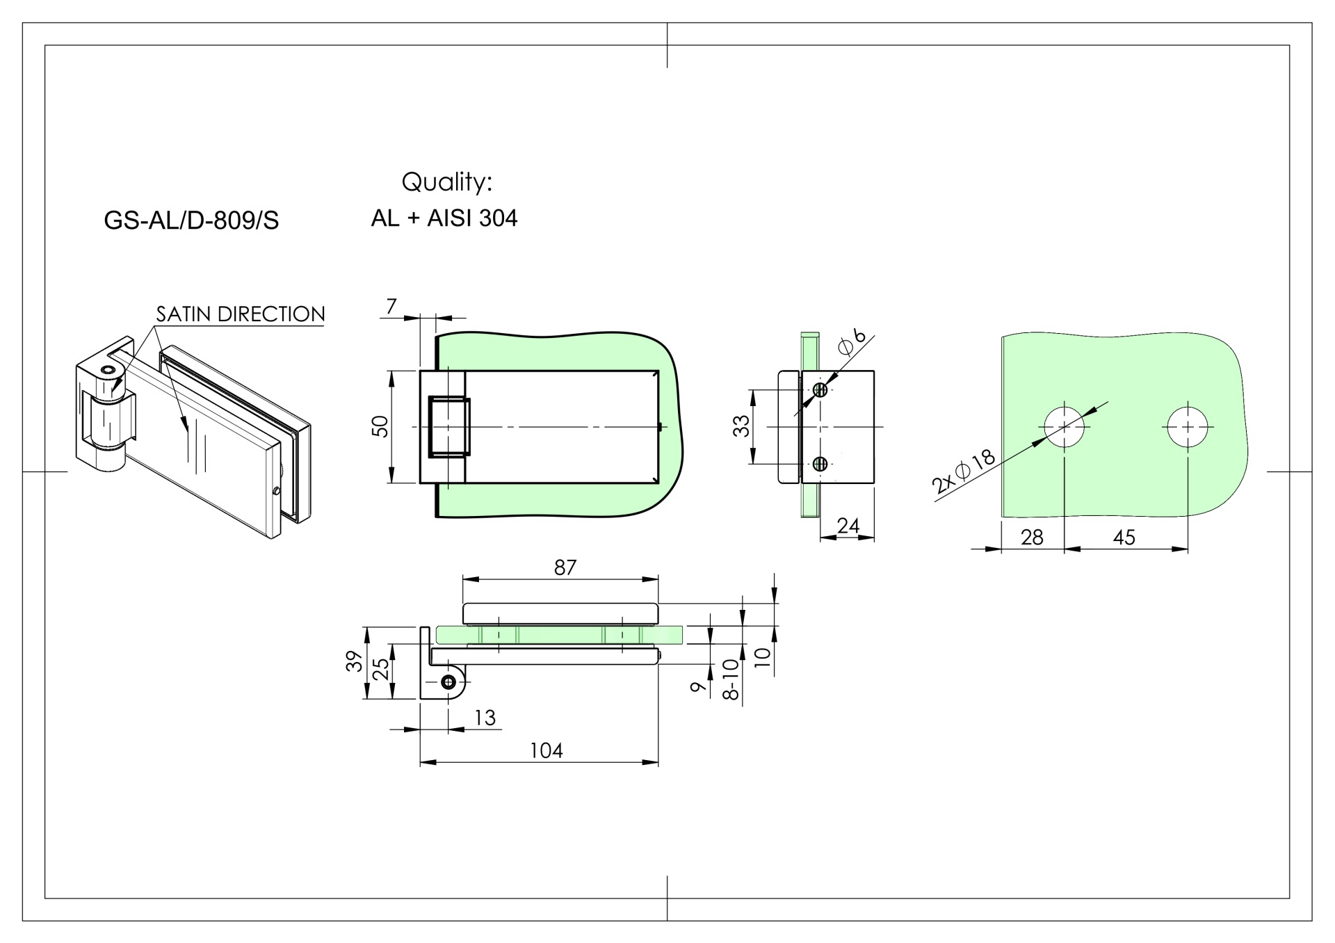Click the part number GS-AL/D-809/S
coord(191,220)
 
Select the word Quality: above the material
coord(446,182)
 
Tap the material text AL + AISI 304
coord(444,218)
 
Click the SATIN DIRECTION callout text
coord(240,314)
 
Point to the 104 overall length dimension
coord(546,750)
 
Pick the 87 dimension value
coord(565,567)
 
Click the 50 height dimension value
coord(380,426)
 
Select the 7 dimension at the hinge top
coord(391,306)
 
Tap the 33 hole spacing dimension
coord(742,426)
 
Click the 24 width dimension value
coord(848,526)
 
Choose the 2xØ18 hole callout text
coord(964,472)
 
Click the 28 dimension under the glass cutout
coord(1032,537)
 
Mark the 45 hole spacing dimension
coord(1124,537)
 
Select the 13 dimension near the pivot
coord(485,717)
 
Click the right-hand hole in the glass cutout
coord(1188,426)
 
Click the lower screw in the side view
coord(820,463)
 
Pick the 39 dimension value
coord(355,661)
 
